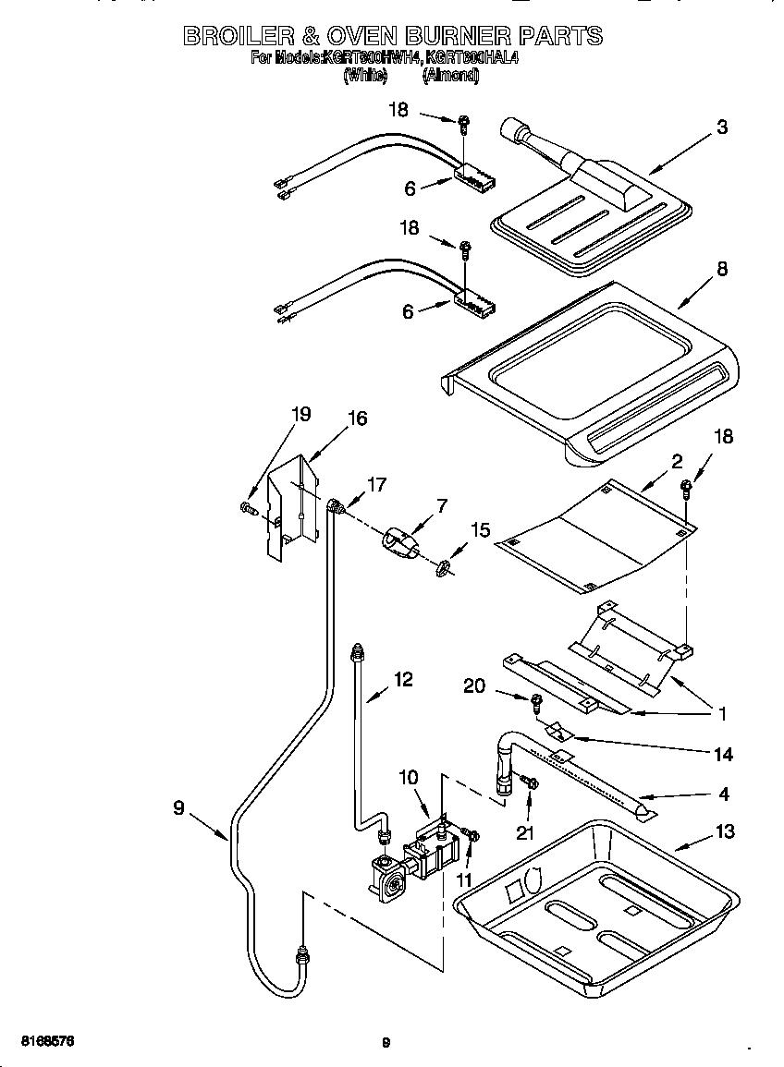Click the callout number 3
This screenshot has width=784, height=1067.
[722, 127]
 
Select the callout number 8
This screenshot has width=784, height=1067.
[722, 269]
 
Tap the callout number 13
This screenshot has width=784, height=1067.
[725, 832]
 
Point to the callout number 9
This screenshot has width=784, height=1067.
[178, 807]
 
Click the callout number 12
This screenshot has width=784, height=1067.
[403, 679]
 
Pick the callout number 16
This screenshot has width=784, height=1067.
[357, 418]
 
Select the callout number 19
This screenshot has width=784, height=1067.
[301, 414]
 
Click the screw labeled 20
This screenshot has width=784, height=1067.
[535, 704]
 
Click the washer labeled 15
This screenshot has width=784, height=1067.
[443, 565]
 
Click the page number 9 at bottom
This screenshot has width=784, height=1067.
[386, 1043]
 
